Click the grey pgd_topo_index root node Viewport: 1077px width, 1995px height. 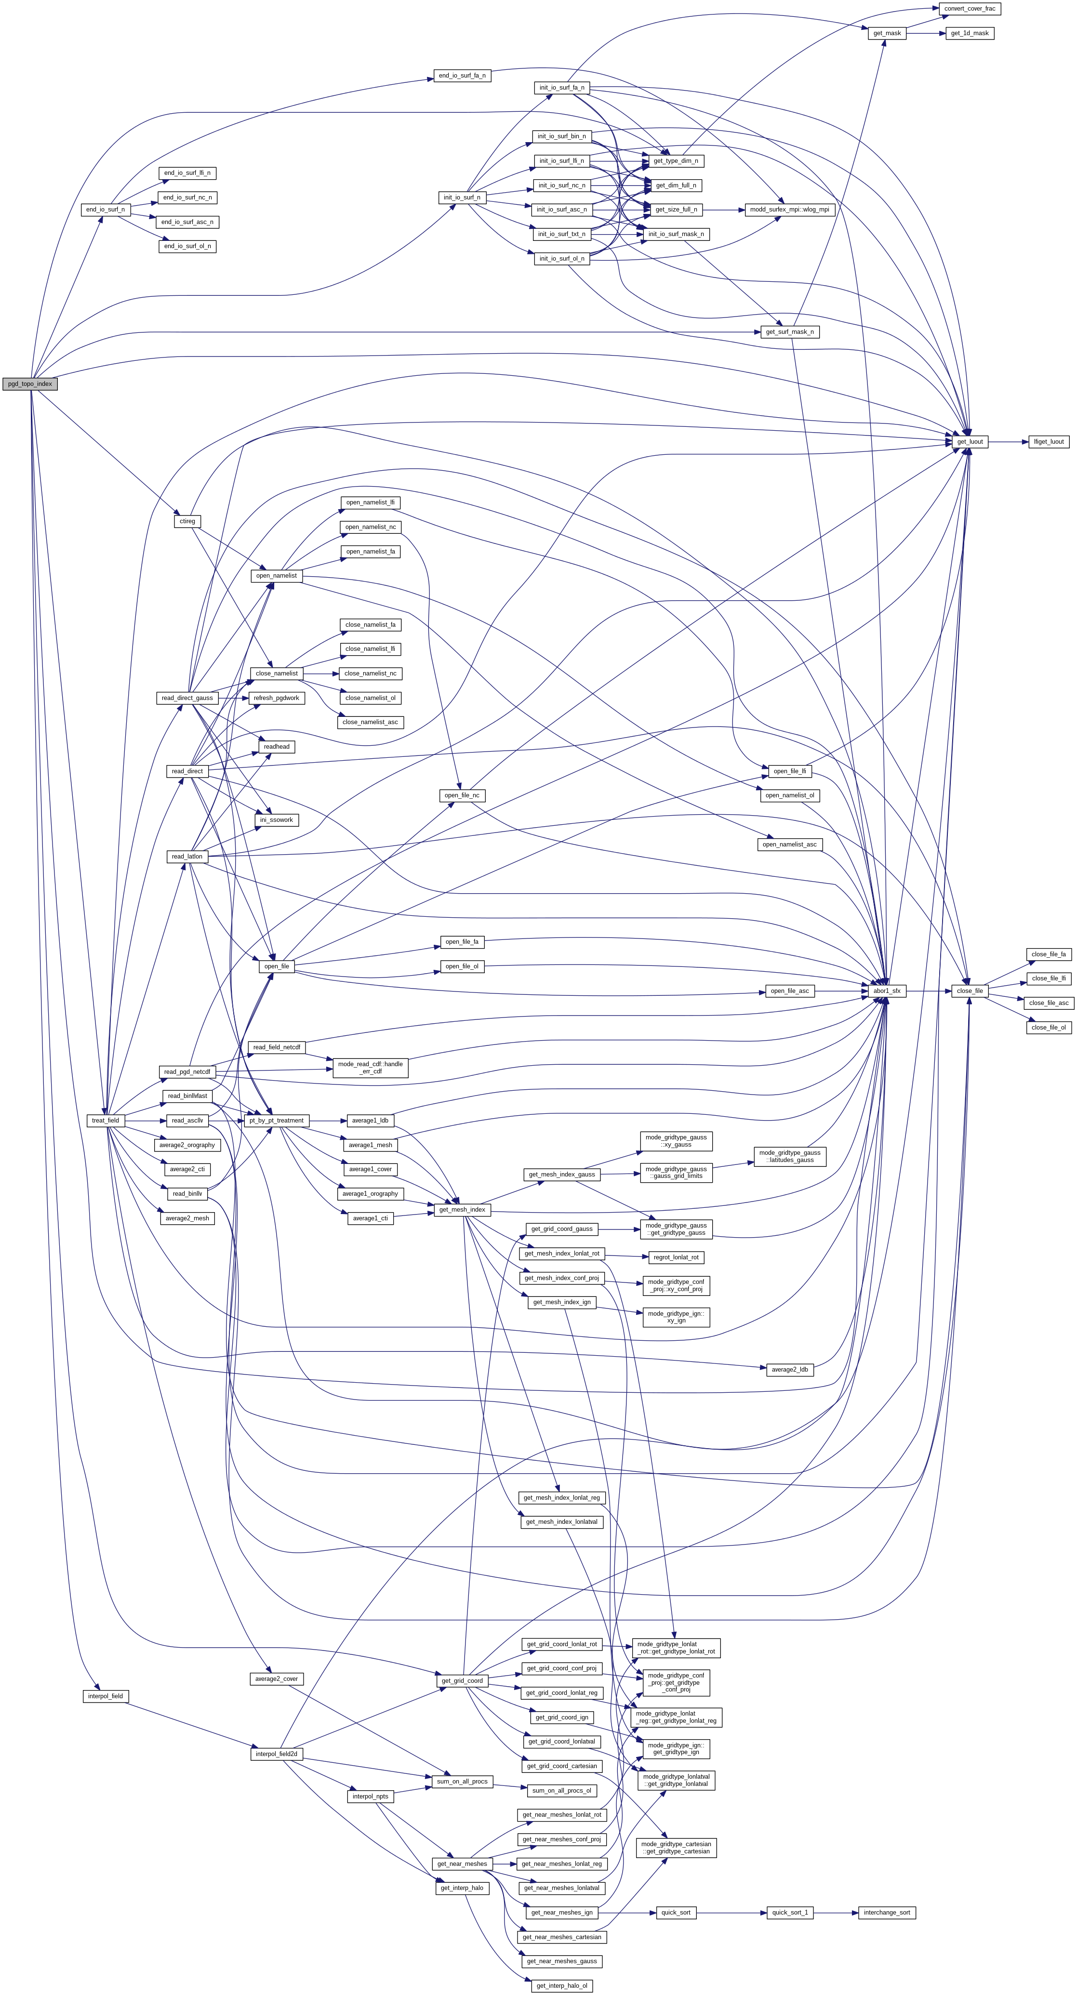(29, 384)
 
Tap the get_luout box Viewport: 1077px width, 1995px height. (970, 441)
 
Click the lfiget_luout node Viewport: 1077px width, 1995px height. (1049, 441)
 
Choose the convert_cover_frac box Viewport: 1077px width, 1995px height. (970, 9)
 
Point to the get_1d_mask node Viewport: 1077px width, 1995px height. (970, 33)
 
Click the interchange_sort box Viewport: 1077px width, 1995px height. (886, 1912)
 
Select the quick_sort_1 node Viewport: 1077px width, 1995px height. (789, 1912)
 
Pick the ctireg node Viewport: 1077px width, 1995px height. (187, 521)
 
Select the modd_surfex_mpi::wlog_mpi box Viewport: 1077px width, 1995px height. (789, 209)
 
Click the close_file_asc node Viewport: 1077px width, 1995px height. (1049, 1003)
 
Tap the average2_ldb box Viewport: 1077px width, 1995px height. (789, 1369)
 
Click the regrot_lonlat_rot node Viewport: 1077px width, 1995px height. (676, 1257)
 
